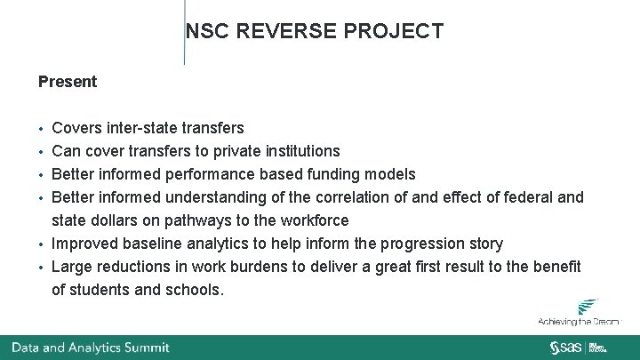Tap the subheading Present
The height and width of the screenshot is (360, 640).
coord(68,82)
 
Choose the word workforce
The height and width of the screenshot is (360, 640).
coord(311,220)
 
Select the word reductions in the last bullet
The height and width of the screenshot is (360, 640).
coord(130,267)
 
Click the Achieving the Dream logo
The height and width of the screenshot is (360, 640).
coord(579,312)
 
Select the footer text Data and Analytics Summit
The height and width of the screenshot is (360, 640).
coord(90,348)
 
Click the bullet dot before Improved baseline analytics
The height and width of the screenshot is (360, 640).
coord(42,244)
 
